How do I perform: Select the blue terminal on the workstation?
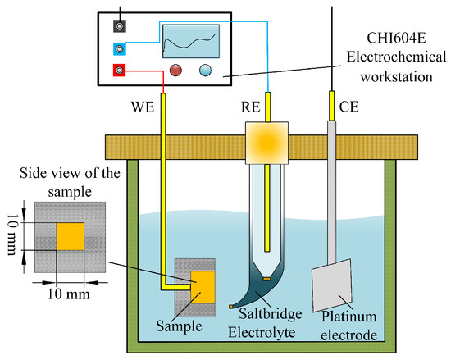tap(121, 49)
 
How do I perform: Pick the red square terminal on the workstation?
tap(121, 71)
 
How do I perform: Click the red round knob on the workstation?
tap(175, 71)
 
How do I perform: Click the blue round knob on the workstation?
tap(203, 71)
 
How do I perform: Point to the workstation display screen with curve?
tap(190, 40)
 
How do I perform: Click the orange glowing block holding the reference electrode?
tap(267, 141)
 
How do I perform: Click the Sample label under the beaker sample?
tap(178, 324)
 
